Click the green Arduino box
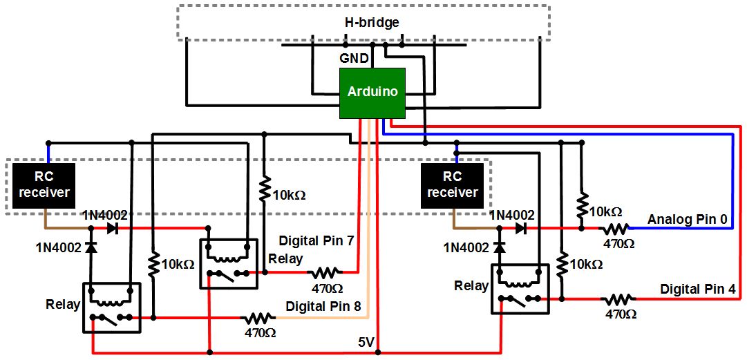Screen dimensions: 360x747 click(x=372, y=93)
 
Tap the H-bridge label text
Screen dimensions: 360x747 click(x=372, y=23)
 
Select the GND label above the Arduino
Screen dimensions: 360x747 click(x=354, y=59)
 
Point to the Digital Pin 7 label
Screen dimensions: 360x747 click(x=316, y=240)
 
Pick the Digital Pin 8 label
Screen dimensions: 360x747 click(x=323, y=305)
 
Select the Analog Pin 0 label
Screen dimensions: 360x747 click(x=687, y=220)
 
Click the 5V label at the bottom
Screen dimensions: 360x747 click(x=367, y=342)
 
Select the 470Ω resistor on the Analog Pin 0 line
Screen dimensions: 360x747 click(x=617, y=228)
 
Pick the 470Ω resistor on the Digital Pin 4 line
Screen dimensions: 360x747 click(x=619, y=299)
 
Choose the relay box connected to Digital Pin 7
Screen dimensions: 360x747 click(x=229, y=263)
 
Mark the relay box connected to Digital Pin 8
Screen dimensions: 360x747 click(x=111, y=307)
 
